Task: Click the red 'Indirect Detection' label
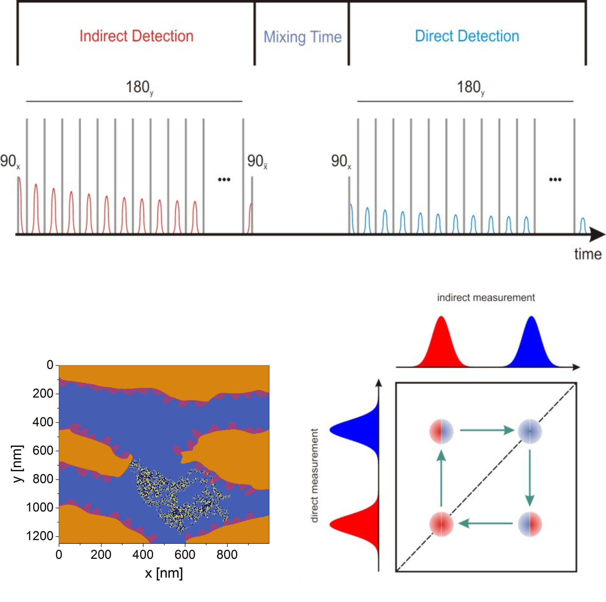click(x=136, y=36)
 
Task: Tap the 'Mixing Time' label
click(x=302, y=37)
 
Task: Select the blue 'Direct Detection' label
click(x=467, y=36)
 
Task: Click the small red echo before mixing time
click(x=250, y=218)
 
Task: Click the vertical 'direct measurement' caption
click(x=314, y=476)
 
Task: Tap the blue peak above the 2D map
click(x=531, y=342)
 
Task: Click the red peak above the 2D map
click(x=441, y=342)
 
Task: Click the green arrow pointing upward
click(x=441, y=478)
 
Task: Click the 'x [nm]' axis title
click(x=164, y=574)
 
